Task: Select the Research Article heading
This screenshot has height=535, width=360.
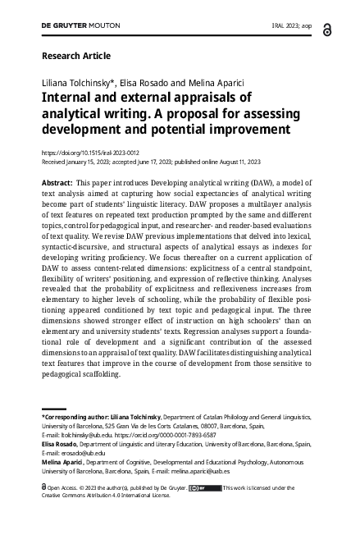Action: tap(75, 56)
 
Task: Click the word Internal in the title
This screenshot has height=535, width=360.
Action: tap(71, 99)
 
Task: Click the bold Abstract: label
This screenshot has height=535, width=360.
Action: tap(57, 181)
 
